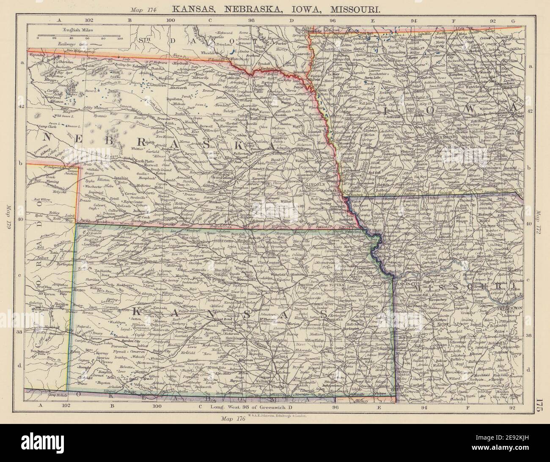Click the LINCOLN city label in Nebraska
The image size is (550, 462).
[316, 185]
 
